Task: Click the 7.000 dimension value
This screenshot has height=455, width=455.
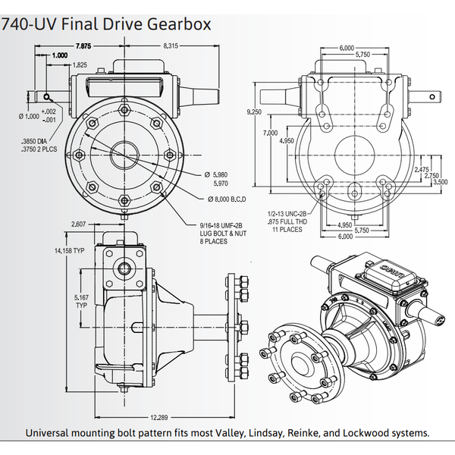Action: click(x=269, y=133)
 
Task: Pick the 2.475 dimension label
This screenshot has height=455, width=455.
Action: click(x=422, y=169)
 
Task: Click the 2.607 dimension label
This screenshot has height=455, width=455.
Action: click(x=78, y=224)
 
